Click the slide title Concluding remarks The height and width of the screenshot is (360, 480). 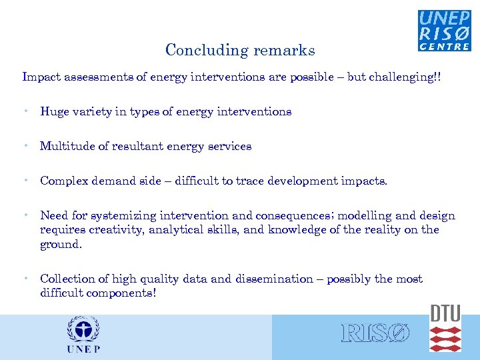pyautogui.click(x=240, y=51)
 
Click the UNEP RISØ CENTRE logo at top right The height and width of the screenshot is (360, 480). pyautogui.click(x=444, y=31)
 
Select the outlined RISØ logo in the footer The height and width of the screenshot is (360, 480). pyautogui.click(x=375, y=333)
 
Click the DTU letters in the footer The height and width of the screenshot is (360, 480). pyautogui.click(x=445, y=314)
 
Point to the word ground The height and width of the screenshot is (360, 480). pyautogui.click(x=60, y=244)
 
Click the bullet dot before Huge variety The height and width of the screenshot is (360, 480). pyautogui.click(x=25, y=111)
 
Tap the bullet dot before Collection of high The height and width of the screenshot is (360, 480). pyautogui.click(x=25, y=279)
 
